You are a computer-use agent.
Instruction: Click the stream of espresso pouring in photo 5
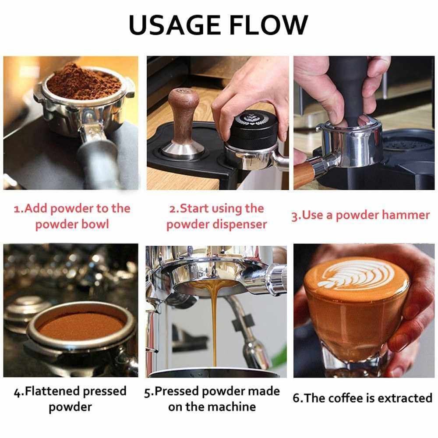214,324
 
